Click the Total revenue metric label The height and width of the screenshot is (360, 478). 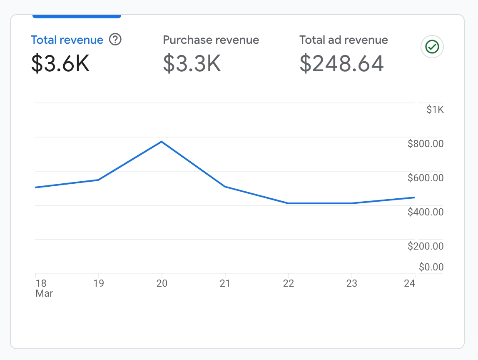click(67, 40)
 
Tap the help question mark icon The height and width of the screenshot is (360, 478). click(115, 40)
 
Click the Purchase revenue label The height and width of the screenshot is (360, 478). click(211, 40)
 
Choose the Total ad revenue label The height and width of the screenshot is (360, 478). click(344, 40)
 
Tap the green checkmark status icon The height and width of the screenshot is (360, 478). click(432, 47)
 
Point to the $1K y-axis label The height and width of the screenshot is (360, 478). click(435, 110)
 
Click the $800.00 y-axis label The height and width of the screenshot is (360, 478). click(426, 144)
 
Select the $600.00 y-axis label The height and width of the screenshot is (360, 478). click(426, 178)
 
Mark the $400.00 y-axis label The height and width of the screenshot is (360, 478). click(426, 212)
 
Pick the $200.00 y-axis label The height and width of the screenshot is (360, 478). click(426, 247)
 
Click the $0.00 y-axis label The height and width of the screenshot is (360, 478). click(431, 267)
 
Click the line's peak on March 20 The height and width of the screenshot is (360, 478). click(162, 142)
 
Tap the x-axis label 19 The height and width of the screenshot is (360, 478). click(99, 284)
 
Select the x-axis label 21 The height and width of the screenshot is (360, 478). click(225, 284)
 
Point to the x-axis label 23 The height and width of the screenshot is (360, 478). click(352, 284)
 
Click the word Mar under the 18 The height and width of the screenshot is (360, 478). click(44, 293)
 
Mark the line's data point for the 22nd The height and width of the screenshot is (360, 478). click(288, 203)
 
